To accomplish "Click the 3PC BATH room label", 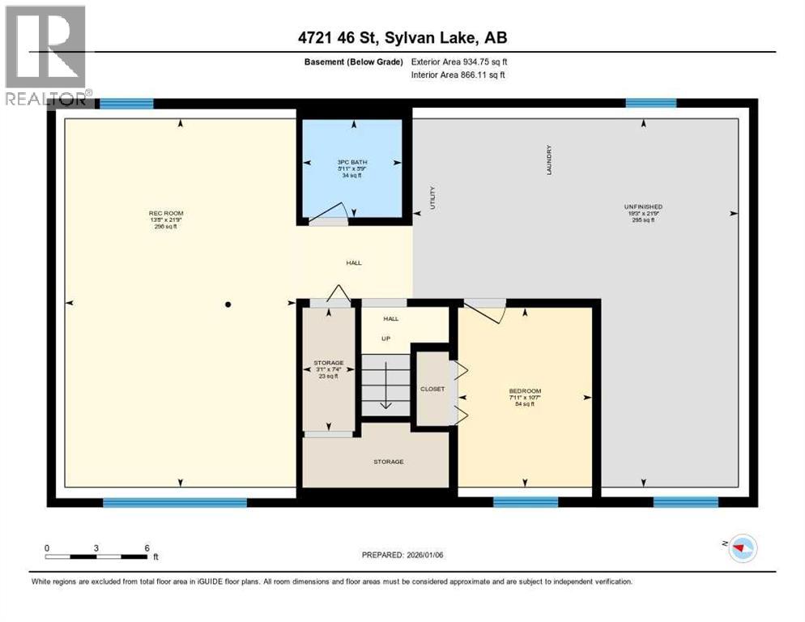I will [x=352, y=162].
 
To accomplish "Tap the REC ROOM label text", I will [x=161, y=214].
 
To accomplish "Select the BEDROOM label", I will [x=522, y=389].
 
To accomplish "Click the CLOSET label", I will [x=432, y=389].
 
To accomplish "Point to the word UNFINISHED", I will [x=643, y=207].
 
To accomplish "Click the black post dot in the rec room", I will [x=228, y=305].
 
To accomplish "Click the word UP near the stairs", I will [x=386, y=338].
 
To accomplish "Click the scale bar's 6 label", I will [x=147, y=547].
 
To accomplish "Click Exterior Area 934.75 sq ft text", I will [x=459, y=62].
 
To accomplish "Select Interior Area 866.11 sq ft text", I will [x=459, y=75].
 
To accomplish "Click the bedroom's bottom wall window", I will [x=526, y=502].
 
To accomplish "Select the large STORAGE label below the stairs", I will [x=389, y=462].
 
